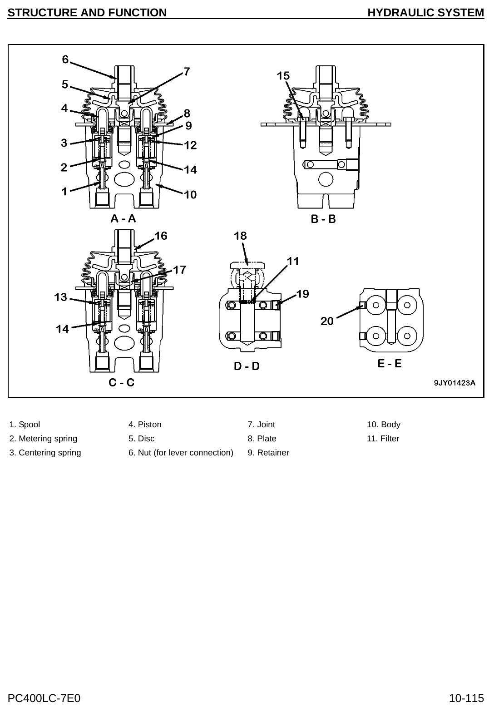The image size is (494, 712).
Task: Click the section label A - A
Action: [x=123, y=219]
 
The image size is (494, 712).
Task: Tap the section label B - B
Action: [x=323, y=219]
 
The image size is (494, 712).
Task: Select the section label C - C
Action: [x=121, y=382]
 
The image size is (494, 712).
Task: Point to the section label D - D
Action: [x=247, y=366]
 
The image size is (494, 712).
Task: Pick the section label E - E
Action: [x=390, y=363]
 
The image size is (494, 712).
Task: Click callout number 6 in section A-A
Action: [x=65, y=59]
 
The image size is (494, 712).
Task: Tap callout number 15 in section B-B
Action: [x=283, y=76]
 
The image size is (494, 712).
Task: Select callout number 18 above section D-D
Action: [x=240, y=236]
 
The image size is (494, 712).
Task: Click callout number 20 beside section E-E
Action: [x=327, y=321]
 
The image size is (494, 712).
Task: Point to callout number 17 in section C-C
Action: [x=179, y=270]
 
